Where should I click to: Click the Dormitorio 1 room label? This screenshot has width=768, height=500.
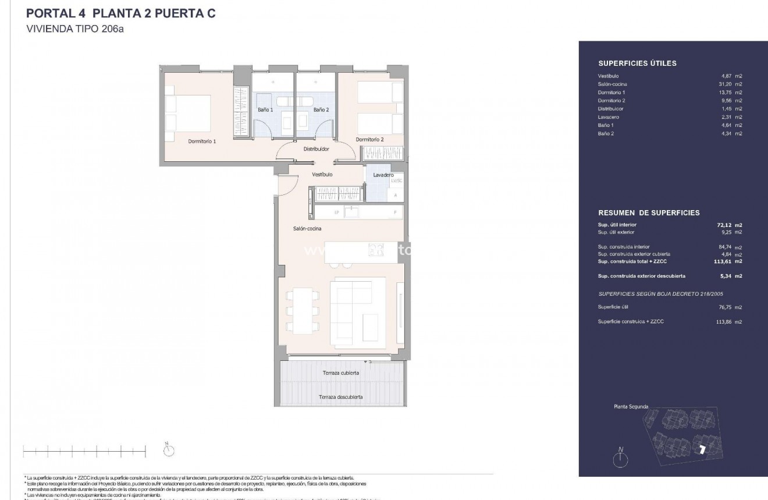pyautogui.click(x=202, y=141)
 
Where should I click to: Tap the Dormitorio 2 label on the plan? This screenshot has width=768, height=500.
pyautogui.click(x=369, y=140)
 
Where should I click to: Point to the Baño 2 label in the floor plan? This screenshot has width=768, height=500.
pyautogui.click(x=321, y=109)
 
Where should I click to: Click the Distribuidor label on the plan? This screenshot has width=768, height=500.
pyautogui.click(x=316, y=149)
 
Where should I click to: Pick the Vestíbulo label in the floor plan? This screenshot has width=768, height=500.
pyautogui.click(x=322, y=175)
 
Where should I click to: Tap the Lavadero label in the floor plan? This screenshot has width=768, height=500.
pyautogui.click(x=383, y=175)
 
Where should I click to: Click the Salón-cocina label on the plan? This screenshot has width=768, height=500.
pyautogui.click(x=307, y=229)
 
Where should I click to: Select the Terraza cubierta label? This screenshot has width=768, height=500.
pyautogui.click(x=341, y=373)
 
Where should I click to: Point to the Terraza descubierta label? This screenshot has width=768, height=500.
pyautogui.click(x=341, y=397)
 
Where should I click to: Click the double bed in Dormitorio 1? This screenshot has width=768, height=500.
pyautogui.click(x=187, y=114)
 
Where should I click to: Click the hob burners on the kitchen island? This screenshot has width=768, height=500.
pyautogui.click(x=376, y=250)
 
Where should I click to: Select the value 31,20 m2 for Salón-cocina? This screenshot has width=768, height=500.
pyautogui.click(x=730, y=84)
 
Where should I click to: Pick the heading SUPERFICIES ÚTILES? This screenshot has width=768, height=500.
pyautogui.click(x=637, y=64)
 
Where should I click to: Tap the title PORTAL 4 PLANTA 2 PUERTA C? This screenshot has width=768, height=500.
pyautogui.click(x=121, y=15)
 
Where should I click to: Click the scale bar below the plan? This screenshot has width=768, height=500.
pyautogui.click(x=84, y=450)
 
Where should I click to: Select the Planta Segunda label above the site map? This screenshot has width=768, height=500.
pyautogui.click(x=631, y=407)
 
